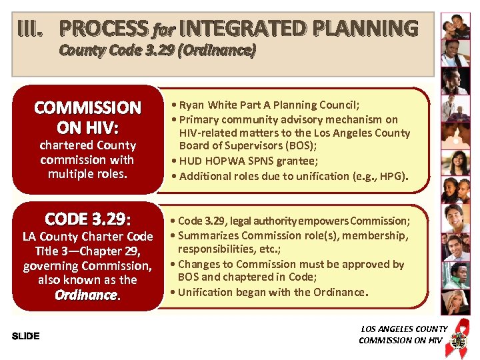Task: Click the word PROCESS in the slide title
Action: click(x=103, y=29)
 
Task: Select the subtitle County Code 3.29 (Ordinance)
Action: click(x=157, y=50)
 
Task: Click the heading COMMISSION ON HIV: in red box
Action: click(x=87, y=117)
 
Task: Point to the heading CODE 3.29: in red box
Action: click(x=87, y=219)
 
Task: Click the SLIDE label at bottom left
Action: click(x=26, y=335)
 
